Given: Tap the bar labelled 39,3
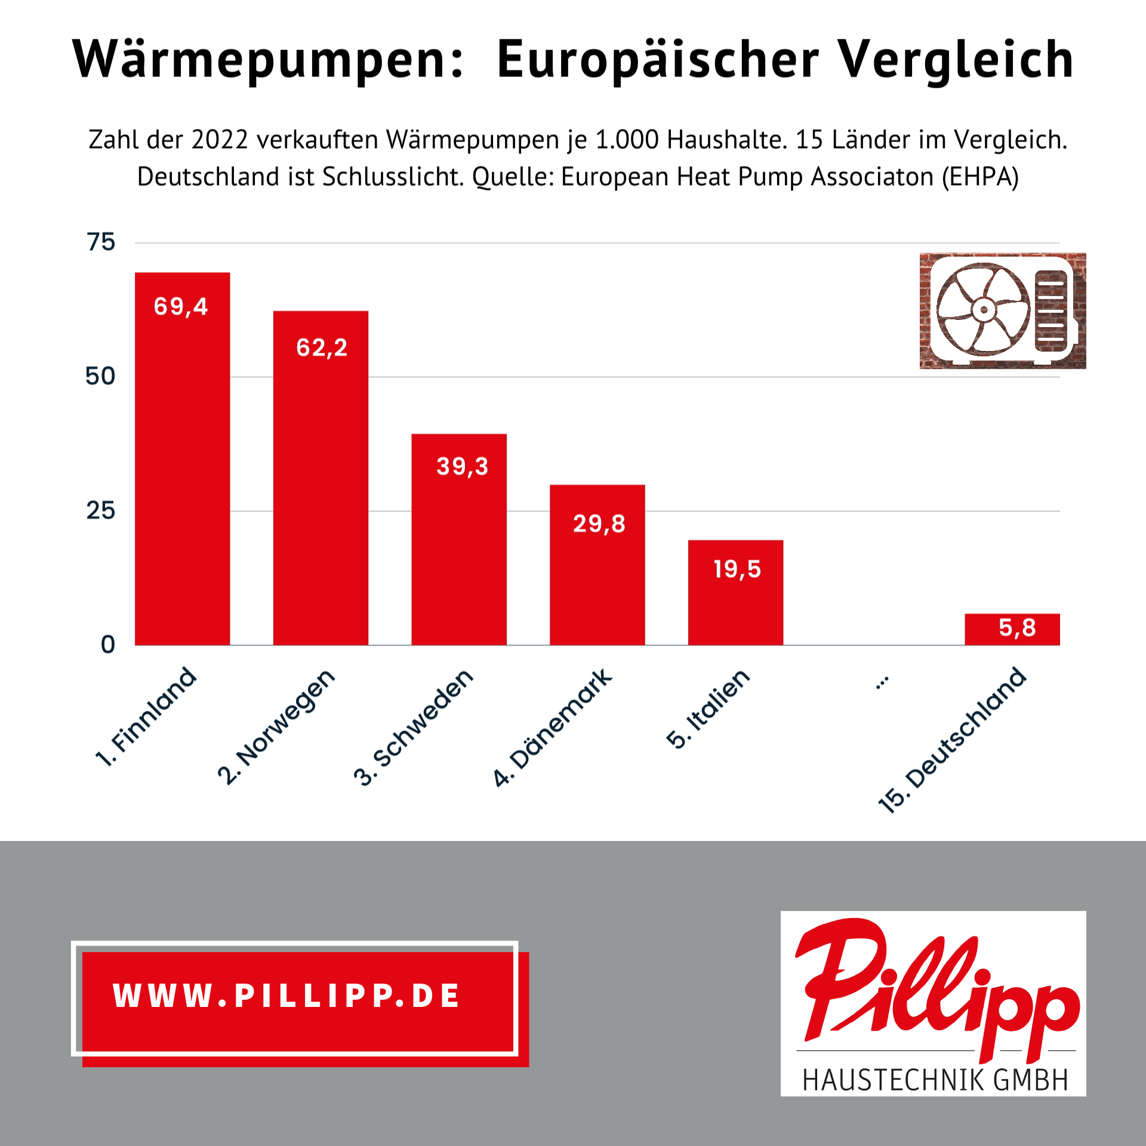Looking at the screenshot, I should click(x=459, y=549).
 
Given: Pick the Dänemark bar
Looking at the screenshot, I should click(x=597, y=573).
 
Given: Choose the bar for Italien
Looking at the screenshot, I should click(x=735, y=603).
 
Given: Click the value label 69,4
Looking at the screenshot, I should click(x=181, y=307).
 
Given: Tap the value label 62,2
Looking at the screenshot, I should click(x=322, y=347).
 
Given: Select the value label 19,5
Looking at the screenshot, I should click(x=737, y=569).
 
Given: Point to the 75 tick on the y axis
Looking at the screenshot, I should click(x=101, y=242).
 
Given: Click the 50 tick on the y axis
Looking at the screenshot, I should click(x=100, y=377).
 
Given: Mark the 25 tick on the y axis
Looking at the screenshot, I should click(x=100, y=511).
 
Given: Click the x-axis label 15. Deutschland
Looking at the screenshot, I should click(x=953, y=740).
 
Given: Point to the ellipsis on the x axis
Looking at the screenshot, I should click(x=882, y=682).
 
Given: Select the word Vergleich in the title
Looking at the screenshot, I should click(x=956, y=60).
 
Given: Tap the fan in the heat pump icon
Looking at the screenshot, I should click(x=983, y=309).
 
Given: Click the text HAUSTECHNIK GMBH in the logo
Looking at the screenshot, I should click(x=935, y=1080).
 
